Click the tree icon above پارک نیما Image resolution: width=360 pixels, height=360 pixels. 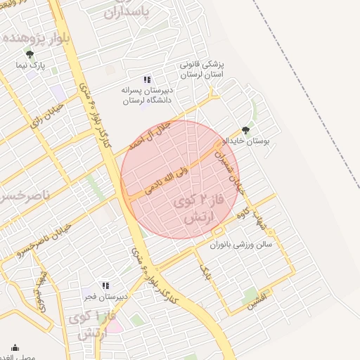point(30,53)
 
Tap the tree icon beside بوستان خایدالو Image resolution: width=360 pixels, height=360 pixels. point(245,130)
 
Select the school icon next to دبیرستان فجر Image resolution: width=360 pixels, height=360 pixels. point(105,285)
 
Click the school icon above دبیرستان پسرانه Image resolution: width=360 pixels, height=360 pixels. point(147,79)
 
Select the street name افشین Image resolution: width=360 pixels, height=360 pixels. point(257,303)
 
